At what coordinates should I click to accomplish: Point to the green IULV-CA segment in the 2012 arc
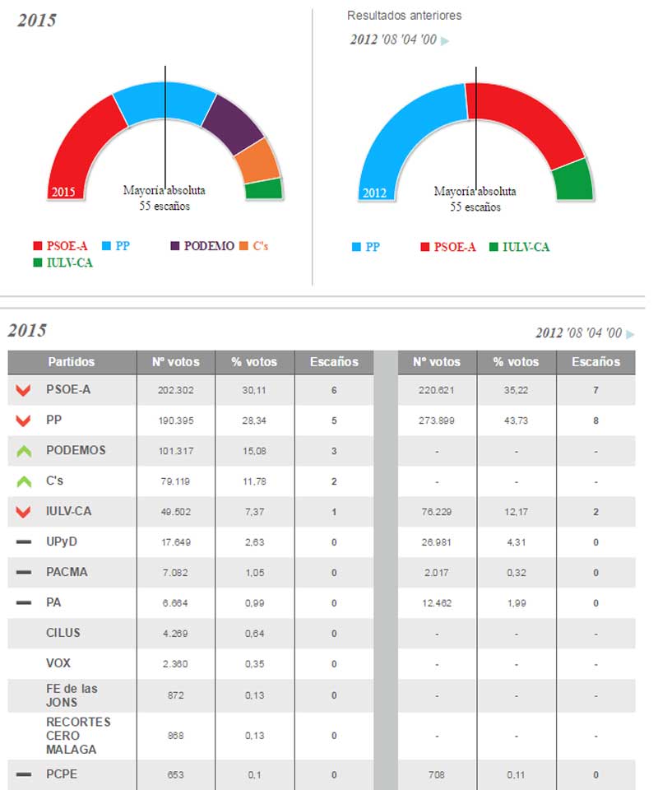point(573,179)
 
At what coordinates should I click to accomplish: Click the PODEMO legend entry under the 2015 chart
point(201,246)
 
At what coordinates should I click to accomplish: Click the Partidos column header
point(72,362)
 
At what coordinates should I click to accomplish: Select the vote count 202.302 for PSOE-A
point(175,390)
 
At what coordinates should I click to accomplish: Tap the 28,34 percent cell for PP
point(255,421)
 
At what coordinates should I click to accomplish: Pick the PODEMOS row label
point(76,450)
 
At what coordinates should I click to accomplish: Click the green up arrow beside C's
point(23,481)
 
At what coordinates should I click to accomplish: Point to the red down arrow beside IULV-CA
point(23,512)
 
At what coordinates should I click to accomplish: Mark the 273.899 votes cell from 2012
point(436,421)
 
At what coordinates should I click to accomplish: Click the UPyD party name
point(62,541)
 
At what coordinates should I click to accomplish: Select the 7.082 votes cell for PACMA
point(175,572)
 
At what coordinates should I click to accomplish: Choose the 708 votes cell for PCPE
point(436,774)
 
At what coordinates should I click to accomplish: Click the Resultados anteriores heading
point(404,16)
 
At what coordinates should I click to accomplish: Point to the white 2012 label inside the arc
point(374,193)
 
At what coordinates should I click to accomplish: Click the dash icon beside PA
point(23,602)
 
